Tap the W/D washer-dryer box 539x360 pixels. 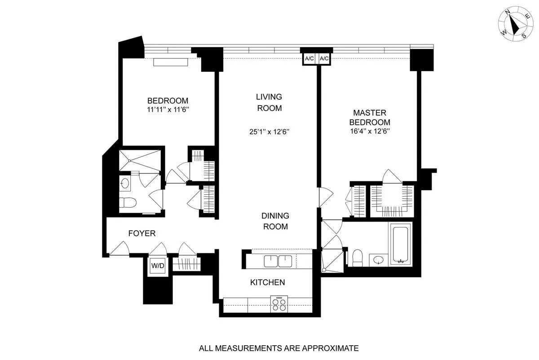pos(158,265)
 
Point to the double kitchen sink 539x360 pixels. pos(278,261)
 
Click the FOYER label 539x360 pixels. pos(142,233)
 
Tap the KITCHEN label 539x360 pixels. pos(267,282)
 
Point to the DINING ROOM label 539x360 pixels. pos(275,221)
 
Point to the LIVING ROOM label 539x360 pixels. pos(269,102)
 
